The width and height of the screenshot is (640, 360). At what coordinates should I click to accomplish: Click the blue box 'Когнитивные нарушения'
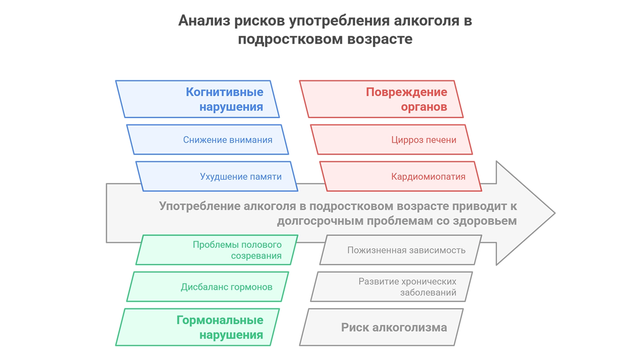tap(197, 99)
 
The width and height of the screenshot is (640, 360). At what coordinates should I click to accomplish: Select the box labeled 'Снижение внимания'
tap(207, 140)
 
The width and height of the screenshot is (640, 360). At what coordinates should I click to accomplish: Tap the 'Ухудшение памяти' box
tap(217, 176)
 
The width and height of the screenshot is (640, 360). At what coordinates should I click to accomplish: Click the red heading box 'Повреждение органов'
tap(381, 99)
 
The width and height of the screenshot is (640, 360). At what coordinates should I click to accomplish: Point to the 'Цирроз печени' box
tap(391, 140)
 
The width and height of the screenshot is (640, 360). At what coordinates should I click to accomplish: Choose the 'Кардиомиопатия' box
tap(401, 176)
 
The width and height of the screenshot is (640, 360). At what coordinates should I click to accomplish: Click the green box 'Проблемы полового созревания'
tap(217, 250)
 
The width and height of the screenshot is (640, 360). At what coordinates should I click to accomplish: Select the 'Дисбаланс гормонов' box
tap(207, 286)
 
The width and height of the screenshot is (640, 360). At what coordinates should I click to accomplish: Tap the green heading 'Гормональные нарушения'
tap(197, 327)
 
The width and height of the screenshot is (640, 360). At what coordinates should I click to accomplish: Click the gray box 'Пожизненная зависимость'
tap(401, 250)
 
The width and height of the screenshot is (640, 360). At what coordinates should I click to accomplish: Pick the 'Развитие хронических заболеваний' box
tap(391, 286)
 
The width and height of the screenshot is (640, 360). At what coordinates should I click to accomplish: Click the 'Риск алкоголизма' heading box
tap(381, 327)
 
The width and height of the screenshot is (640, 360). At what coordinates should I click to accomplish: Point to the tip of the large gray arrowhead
tap(555, 213)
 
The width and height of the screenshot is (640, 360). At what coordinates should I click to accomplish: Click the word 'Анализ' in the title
tap(204, 21)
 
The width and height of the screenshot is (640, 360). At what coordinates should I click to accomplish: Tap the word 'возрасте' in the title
tap(380, 39)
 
